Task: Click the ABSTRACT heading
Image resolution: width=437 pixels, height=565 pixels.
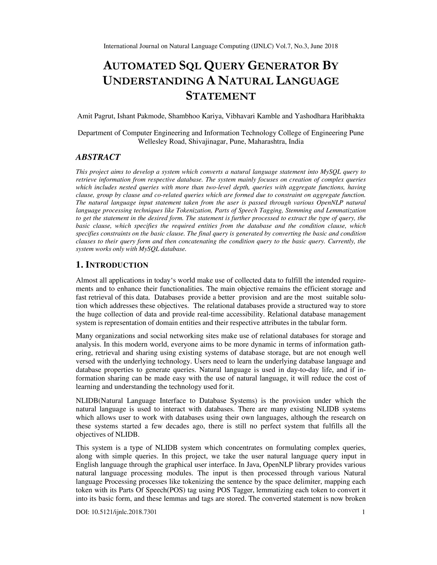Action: pos(98,157)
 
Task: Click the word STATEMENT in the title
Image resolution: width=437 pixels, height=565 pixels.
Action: pos(221,96)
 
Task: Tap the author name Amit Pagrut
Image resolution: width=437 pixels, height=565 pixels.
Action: pos(96,116)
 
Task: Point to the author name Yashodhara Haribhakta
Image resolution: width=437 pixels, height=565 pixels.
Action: pos(329,116)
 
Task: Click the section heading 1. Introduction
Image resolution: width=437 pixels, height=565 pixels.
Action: pos(112,265)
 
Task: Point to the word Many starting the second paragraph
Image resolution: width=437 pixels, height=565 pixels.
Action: pos(84,336)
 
